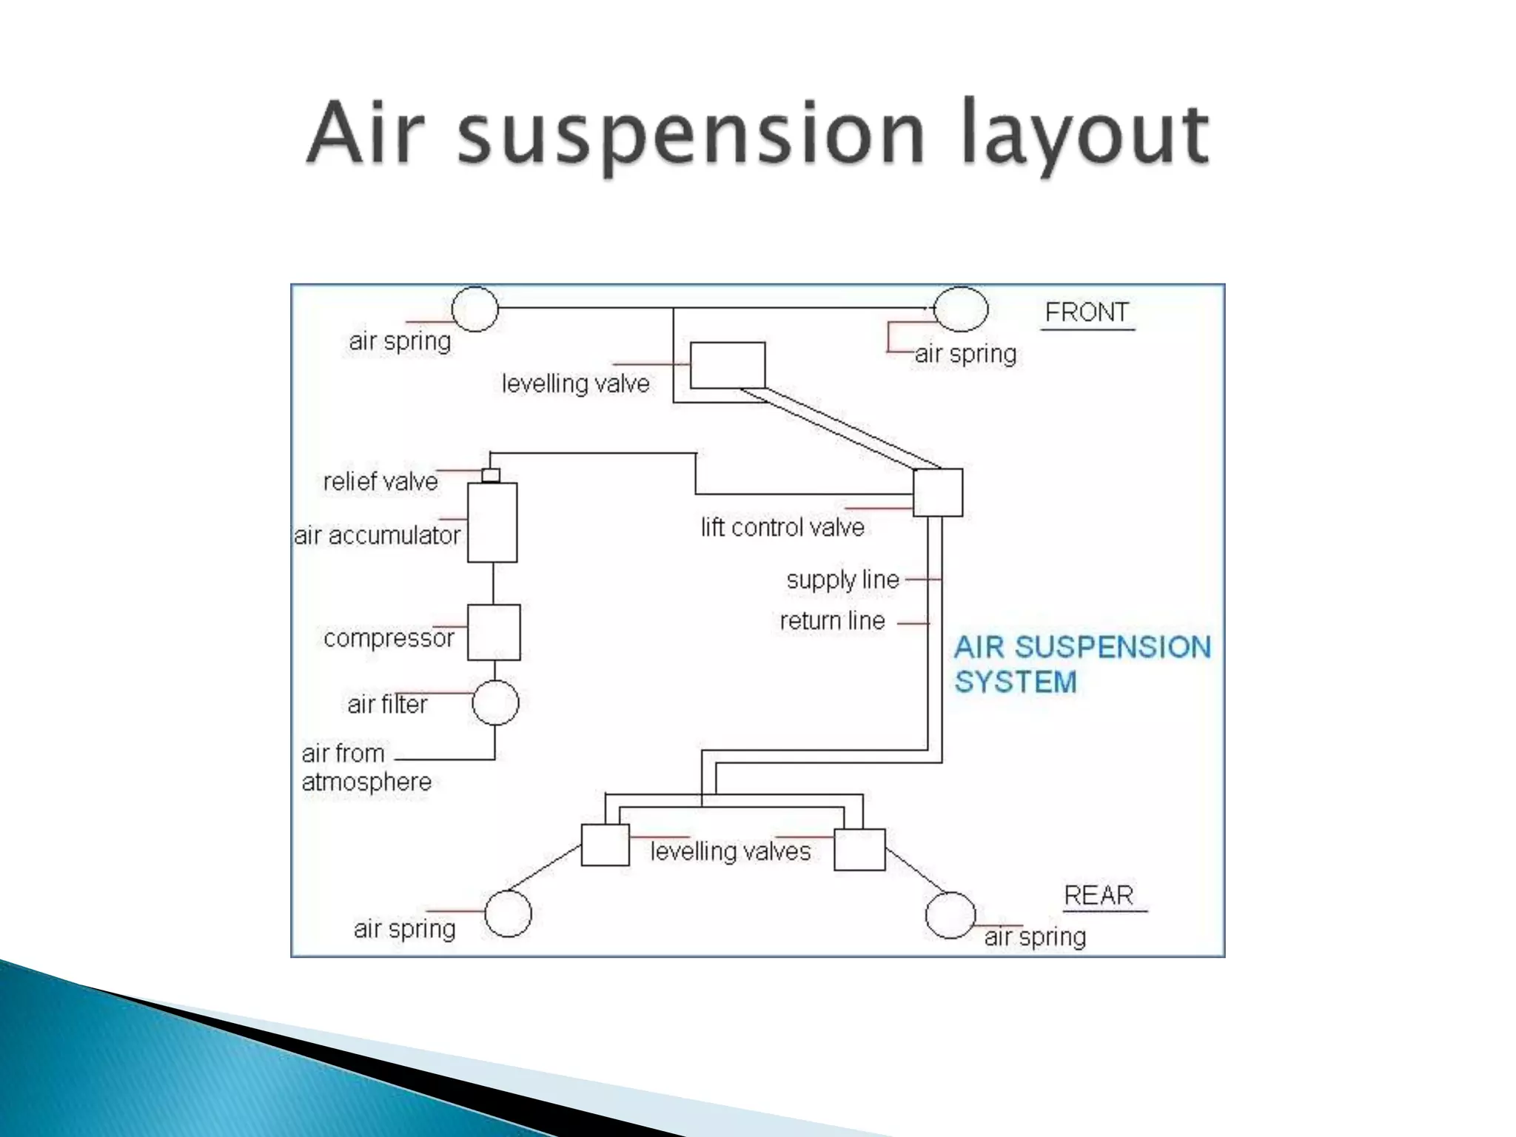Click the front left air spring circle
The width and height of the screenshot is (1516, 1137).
[x=474, y=309]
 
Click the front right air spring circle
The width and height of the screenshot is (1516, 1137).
[x=961, y=309]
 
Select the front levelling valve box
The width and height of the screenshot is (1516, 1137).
[x=728, y=365]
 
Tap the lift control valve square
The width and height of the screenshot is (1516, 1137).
[x=938, y=492]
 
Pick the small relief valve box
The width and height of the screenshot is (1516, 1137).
[x=491, y=475]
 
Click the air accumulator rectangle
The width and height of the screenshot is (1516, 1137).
[x=492, y=523]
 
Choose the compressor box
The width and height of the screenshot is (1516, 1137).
[x=494, y=632]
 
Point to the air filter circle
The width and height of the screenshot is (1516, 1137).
[x=495, y=702]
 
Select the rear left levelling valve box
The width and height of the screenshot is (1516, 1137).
[x=605, y=845]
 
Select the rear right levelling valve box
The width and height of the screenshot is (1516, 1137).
[x=859, y=849]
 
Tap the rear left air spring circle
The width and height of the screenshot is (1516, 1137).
[x=508, y=913]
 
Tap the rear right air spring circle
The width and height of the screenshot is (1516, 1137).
[x=950, y=915]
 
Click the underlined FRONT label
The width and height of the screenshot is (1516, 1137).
[x=1087, y=312]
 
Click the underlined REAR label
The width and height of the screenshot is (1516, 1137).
[x=1099, y=896]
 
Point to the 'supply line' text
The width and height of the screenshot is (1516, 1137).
[x=842, y=580]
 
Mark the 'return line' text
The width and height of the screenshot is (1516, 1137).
[x=832, y=620]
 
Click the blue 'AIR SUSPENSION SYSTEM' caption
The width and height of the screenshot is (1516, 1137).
[x=1081, y=664]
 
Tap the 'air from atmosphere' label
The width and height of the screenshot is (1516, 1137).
[x=366, y=768]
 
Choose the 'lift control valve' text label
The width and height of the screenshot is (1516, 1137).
[x=782, y=527]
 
